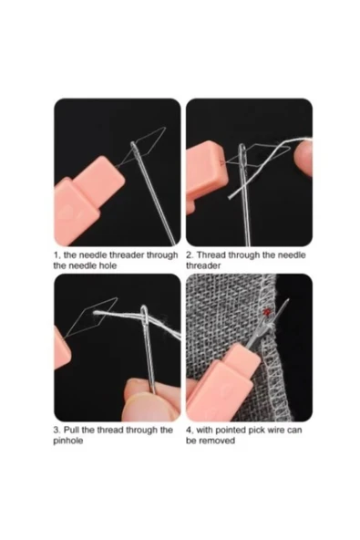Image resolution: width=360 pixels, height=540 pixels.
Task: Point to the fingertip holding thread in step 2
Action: [303, 157]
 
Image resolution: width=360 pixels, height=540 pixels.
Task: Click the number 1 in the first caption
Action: [57, 255]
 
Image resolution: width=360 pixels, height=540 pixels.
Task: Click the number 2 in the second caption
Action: [190, 255]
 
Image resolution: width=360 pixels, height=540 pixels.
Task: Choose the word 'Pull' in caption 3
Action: [75, 430]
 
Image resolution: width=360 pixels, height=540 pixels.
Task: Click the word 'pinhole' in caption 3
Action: [72, 441]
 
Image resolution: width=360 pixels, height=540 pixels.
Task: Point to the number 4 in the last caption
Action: [190, 430]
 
